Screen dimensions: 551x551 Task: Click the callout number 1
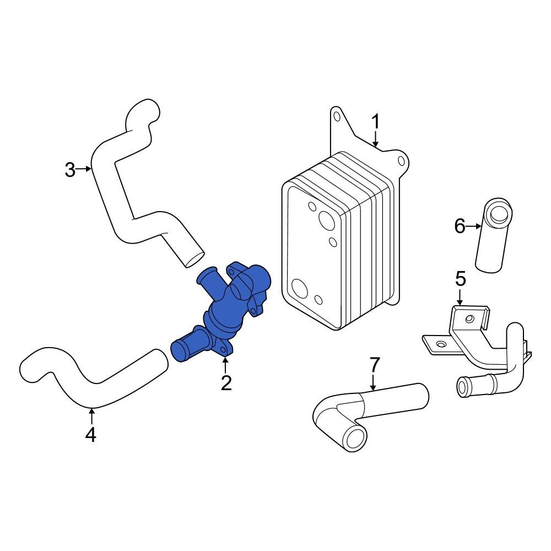[x=376, y=121]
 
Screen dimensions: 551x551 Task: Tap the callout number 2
[x=226, y=382]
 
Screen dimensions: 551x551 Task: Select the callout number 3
[x=69, y=169]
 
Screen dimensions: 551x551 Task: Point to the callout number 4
[x=91, y=434]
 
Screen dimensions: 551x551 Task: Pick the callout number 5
[x=460, y=279]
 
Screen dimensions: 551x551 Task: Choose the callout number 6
[x=460, y=226]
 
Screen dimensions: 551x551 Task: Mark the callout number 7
[x=374, y=365]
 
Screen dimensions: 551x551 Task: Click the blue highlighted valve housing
[x=226, y=314]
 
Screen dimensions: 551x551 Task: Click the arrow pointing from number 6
[x=474, y=226]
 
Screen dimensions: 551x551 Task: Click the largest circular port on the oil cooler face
[x=326, y=220]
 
